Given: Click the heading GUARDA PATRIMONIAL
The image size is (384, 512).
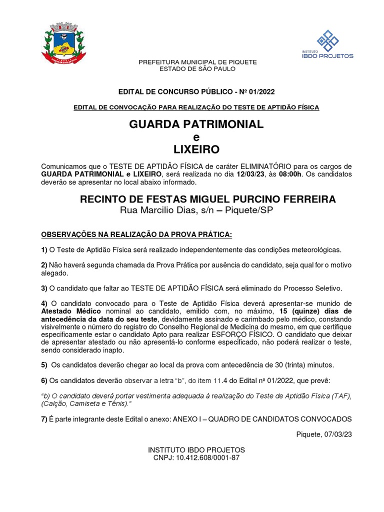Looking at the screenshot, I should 196,124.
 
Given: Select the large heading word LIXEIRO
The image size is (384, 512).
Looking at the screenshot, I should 196,149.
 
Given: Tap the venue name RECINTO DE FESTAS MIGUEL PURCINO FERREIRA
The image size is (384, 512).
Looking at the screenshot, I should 208,199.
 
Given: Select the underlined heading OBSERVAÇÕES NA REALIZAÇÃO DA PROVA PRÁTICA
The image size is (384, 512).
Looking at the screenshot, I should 136,234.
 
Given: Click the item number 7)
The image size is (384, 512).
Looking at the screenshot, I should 44,419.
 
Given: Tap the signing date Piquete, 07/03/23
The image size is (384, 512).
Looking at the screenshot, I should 324,434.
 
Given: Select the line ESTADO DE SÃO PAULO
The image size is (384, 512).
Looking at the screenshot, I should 197,68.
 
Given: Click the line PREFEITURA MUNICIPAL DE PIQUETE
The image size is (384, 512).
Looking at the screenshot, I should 197,62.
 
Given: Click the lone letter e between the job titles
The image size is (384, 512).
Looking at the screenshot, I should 196,137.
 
